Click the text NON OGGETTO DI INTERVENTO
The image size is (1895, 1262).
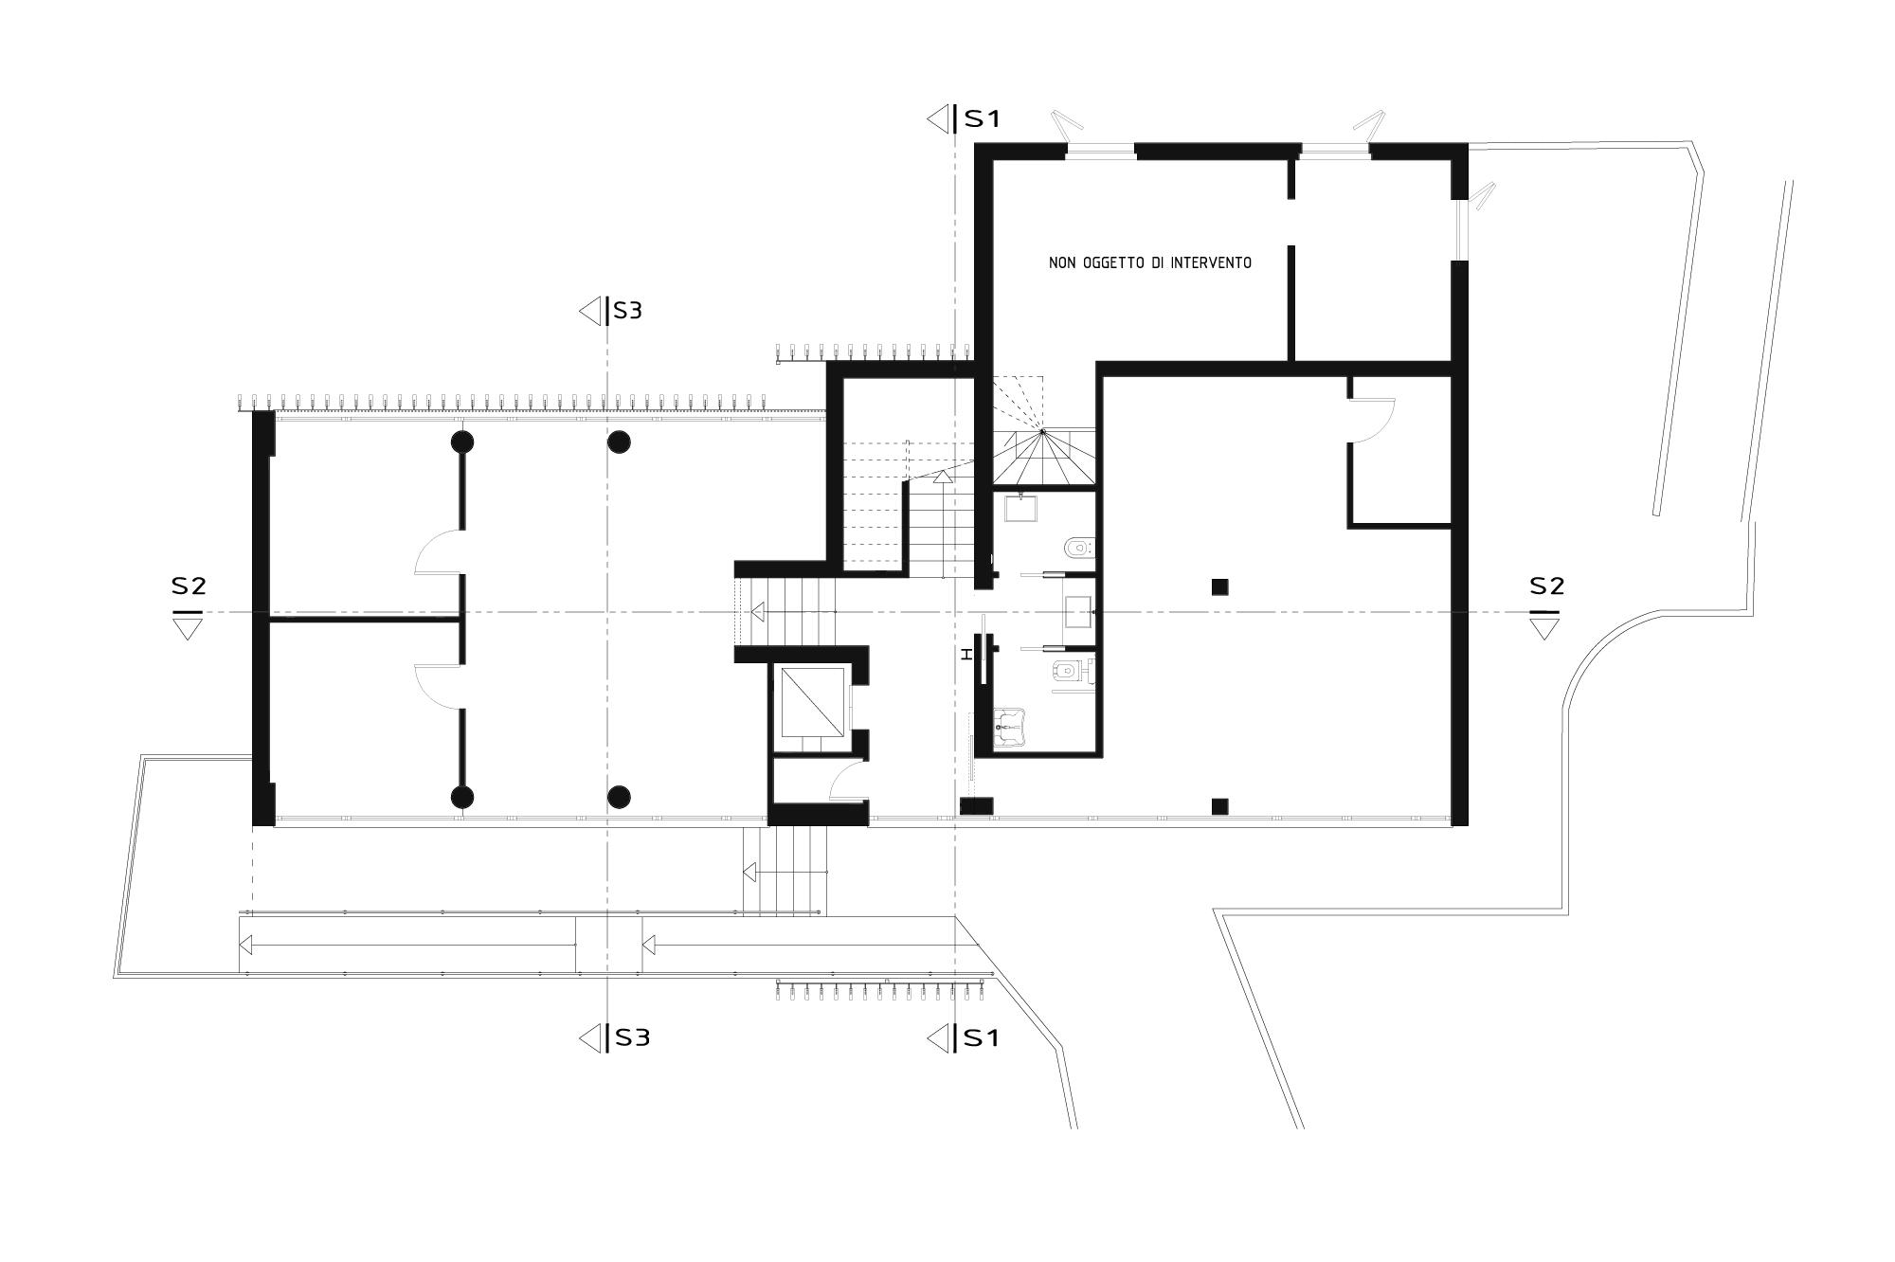pyautogui.click(x=1149, y=262)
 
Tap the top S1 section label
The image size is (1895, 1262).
pyautogui.click(x=982, y=119)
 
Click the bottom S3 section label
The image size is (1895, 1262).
pyautogui.click(x=631, y=1037)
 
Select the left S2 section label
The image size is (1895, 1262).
pyautogui.click(x=189, y=586)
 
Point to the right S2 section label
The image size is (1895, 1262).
pyautogui.click(x=1546, y=586)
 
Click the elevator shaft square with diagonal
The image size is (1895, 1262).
pyautogui.click(x=812, y=701)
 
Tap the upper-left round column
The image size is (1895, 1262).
pyautogui.click(x=461, y=442)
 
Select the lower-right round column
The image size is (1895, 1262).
pyautogui.click(x=619, y=797)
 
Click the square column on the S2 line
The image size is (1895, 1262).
pyautogui.click(x=1220, y=586)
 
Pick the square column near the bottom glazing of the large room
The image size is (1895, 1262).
pyautogui.click(x=1220, y=807)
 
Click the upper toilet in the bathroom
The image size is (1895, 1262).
pyautogui.click(x=1078, y=548)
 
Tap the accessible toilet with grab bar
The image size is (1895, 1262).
pyautogui.click(x=1068, y=672)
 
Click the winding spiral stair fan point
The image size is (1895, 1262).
pyautogui.click(x=1042, y=432)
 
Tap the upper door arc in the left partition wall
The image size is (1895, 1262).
pyautogui.click(x=438, y=554)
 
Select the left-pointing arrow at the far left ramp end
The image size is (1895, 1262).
pyautogui.click(x=245, y=945)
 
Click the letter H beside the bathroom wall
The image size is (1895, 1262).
pyautogui.click(x=966, y=654)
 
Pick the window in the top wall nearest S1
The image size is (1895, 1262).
pyautogui.click(x=1099, y=148)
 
